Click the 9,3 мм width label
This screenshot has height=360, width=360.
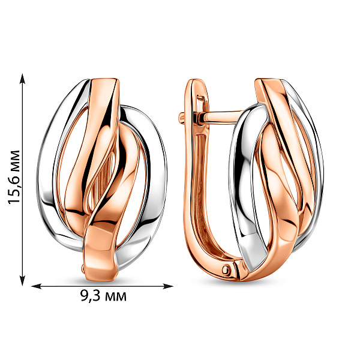pos(103,296)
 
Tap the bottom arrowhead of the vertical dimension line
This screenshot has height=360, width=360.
pos(22,281)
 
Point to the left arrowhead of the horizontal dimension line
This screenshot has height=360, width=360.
pos(36,286)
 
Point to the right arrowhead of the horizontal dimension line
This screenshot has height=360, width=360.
pos(168,286)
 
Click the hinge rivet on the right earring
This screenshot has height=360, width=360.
pos(226,269)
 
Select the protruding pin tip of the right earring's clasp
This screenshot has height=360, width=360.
pos(181,118)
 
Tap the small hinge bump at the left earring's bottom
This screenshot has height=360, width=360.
pos(83,267)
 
